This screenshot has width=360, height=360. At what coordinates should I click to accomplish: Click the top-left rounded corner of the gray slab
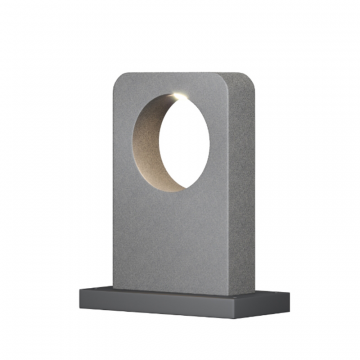(x=118, y=78)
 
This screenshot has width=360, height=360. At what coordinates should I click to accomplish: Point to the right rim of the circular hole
(x=213, y=140)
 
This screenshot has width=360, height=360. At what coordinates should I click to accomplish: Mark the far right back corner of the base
(x=290, y=292)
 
